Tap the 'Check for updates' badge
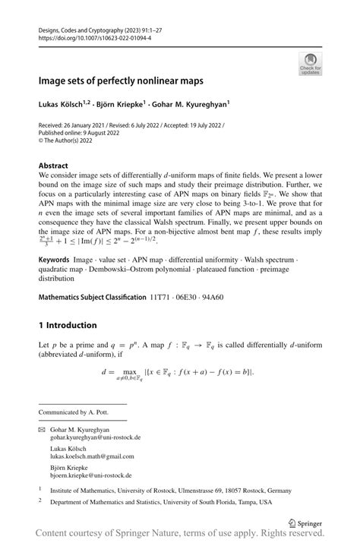pos(310,63)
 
